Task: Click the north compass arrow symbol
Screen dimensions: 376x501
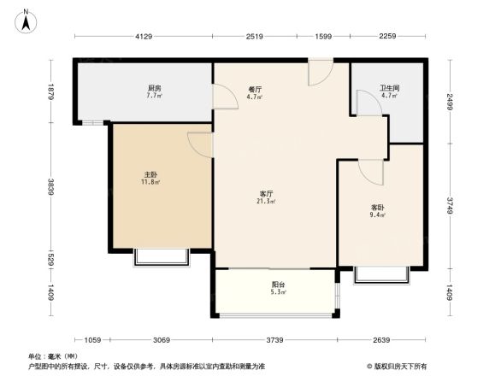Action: tap(27, 19)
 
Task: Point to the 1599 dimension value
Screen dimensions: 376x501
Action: tap(323, 36)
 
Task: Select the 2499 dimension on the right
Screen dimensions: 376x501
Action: tap(449, 103)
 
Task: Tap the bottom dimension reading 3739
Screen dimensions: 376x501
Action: tap(274, 339)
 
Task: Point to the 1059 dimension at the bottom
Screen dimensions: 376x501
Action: tap(93, 339)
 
